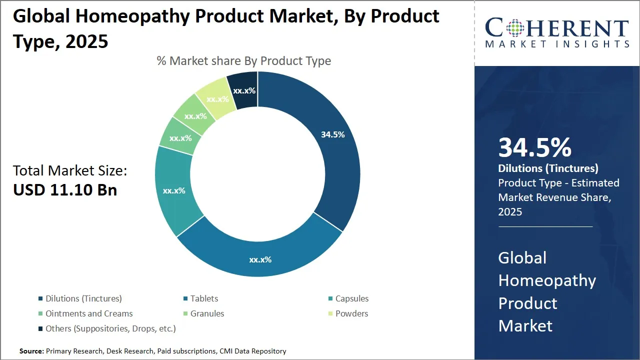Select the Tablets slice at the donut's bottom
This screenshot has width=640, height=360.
point(260,255)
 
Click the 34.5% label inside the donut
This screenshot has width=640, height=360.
point(332,134)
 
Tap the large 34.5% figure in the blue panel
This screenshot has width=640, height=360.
point(534,147)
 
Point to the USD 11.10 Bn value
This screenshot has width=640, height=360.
point(65,190)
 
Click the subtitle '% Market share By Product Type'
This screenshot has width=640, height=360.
point(244,61)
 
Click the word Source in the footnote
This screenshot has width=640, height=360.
point(31,351)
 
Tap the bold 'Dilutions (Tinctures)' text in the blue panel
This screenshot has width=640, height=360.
point(548,168)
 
